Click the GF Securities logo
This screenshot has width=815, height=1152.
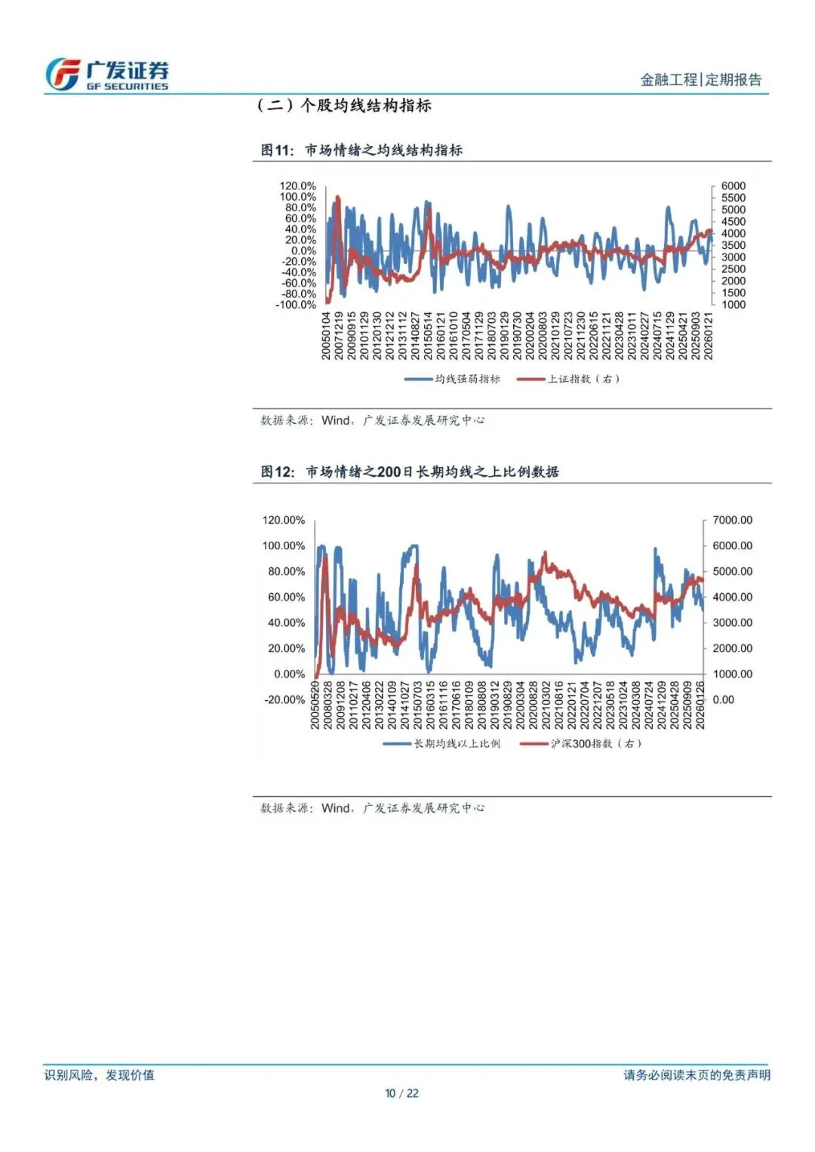106,75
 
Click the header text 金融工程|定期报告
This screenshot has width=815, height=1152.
700,80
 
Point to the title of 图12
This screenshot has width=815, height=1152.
409,472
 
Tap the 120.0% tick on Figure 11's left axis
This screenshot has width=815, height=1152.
298,186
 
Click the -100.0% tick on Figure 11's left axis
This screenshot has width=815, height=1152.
296,305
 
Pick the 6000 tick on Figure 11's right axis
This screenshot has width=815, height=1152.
733,186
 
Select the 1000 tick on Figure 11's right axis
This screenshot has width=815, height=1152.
733,305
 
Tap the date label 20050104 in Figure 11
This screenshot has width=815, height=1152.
327,336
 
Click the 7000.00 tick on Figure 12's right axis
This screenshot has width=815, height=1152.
732,520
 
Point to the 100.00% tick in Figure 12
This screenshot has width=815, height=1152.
284,545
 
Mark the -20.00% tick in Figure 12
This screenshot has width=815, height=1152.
284,699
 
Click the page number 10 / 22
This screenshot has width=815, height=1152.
401,1093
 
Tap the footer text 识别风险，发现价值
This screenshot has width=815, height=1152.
99,1075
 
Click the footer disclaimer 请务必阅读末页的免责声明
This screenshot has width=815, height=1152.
697,1075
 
